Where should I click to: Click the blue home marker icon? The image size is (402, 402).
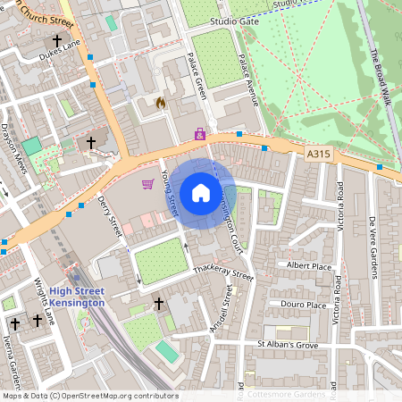(200, 193)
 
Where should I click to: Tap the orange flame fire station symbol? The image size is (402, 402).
(161, 104)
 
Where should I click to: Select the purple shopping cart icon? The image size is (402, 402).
(147, 184)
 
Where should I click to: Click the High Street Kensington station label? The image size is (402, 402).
(77, 297)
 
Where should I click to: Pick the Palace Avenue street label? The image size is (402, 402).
(247, 80)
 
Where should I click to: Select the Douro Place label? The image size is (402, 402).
(305, 305)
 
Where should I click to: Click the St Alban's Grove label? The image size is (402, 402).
(287, 344)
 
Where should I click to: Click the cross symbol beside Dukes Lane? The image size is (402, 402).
(58, 41)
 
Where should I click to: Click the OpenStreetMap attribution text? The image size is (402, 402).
(89, 395)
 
